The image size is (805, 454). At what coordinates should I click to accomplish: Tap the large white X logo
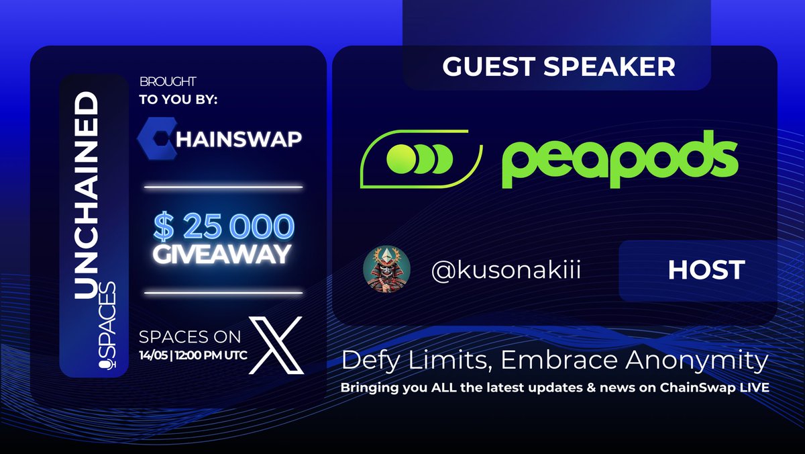pos(276,345)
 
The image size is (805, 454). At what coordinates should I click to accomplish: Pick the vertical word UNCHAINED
pos(86,195)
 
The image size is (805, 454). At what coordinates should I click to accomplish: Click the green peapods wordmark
pos(620,161)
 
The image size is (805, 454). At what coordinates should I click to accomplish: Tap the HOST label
pos(706,270)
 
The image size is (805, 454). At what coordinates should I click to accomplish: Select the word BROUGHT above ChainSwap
pos(168,82)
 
